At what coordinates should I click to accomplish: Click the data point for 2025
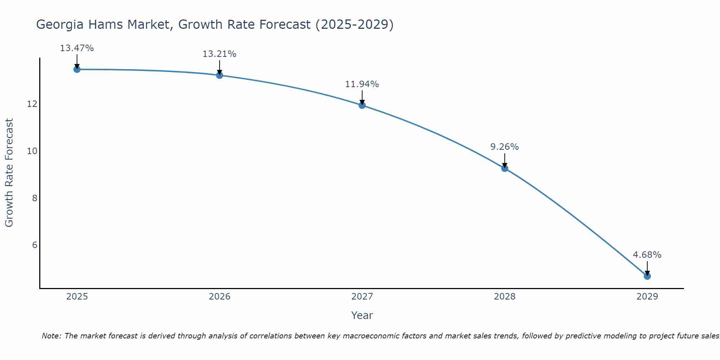click(x=77, y=69)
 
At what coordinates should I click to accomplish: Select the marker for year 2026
click(x=219, y=75)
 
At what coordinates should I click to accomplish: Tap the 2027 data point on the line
click(x=362, y=105)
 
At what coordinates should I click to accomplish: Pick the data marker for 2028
click(x=504, y=168)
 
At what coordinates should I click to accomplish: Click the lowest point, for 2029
click(x=647, y=276)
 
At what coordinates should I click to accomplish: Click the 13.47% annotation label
click(x=77, y=48)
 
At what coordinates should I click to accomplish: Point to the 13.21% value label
click(x=219, y=54)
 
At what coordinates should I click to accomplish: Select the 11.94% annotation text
click(x=362, y=84)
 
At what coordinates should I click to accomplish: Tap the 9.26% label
click(x=504, y=147)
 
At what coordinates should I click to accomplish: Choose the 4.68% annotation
click(x=647, y=255)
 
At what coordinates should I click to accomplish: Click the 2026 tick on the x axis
click(x=220, y=297)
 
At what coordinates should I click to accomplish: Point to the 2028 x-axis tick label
click(x=504, y=297)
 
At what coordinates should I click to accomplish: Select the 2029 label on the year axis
click(x=647, y=297)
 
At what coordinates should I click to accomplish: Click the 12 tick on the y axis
click(x=32, y=104)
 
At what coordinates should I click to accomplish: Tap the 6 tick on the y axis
click(x=35, y=245)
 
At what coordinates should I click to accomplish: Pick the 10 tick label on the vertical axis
click(x=32, y=151)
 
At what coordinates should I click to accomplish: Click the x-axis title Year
click(x=362, y=315)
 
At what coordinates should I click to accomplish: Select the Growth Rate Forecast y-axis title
click(x=9, y=172)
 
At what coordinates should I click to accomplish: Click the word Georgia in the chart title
click(x=60, y=24)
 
